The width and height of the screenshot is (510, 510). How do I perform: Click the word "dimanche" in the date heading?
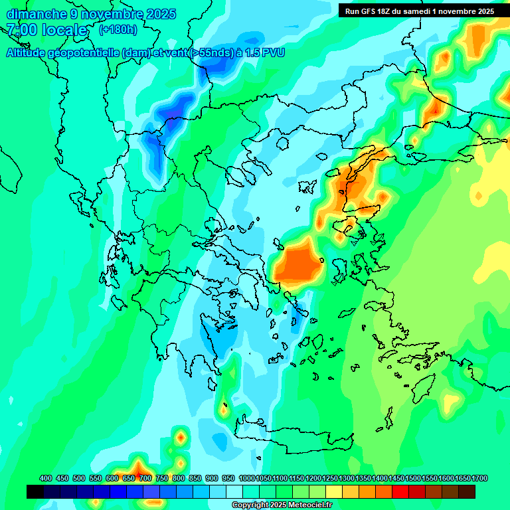coord(36,14)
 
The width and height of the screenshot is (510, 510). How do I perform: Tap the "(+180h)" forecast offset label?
coord(118,29)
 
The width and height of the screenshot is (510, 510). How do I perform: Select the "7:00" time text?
coord(21,30)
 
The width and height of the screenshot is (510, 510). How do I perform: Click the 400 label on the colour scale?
coord(46,478)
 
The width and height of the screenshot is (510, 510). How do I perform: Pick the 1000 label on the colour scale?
coord(246,478)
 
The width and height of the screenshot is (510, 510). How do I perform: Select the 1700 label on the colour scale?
coord(479,478)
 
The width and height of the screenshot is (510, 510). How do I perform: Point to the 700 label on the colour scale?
coord(145,478)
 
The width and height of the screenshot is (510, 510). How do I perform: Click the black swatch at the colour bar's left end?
coord(35,491)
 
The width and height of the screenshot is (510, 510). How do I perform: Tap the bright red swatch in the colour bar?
coord(400,491)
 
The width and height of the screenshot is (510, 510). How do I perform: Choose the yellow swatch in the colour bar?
coord(334,491)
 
